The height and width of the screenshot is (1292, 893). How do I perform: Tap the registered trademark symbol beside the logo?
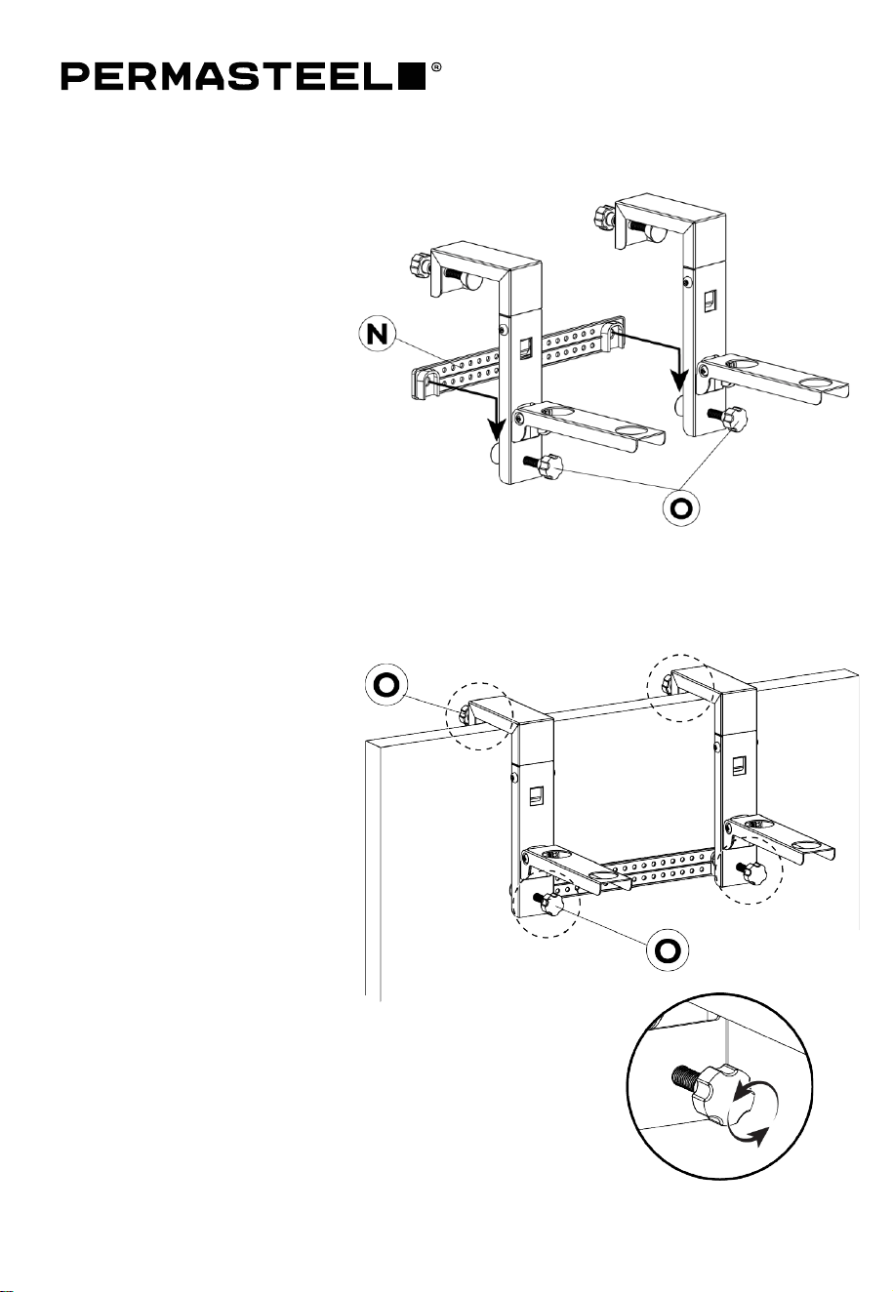click(436, 67)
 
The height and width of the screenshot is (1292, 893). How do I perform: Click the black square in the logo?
click(413, 77)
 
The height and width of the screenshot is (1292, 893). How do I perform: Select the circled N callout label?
click(379, 335)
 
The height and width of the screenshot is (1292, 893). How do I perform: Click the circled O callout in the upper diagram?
click(681, 507)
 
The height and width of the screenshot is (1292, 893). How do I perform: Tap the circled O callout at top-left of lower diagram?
click(386, 685)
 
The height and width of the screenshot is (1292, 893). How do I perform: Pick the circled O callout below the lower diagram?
click(667, 949)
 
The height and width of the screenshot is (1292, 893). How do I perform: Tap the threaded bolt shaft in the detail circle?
click(686, 1074)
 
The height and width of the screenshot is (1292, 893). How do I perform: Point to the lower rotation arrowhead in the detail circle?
click(761, 1138)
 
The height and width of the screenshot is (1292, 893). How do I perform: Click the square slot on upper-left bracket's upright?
click(525, 347)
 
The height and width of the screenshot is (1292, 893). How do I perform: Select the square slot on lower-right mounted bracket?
click(738, 765)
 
